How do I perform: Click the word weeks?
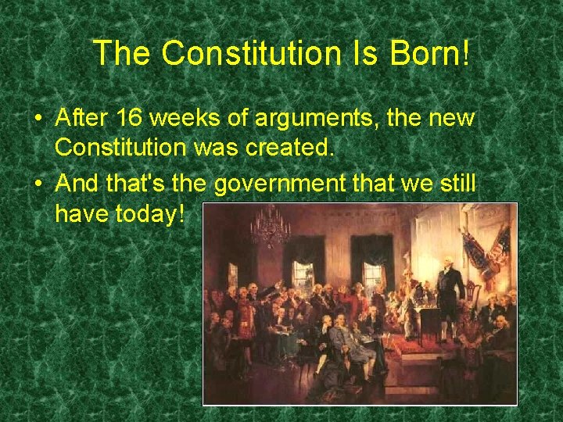181,119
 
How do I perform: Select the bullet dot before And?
38,183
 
